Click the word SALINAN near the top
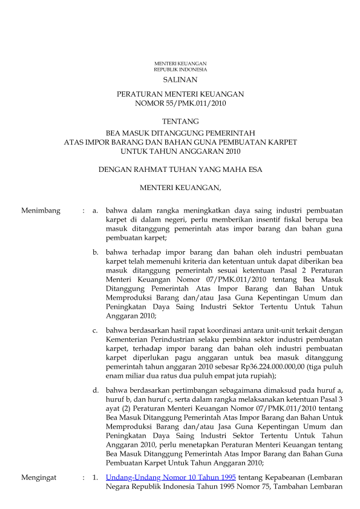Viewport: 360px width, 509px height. pyautogui.click(x=180, y=79)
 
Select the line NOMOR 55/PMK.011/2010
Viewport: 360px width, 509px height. pyautogui.click(x=180, y=104)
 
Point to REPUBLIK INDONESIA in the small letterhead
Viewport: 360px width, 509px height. pyautogui.click(x=180, y=70)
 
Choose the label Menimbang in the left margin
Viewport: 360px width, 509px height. pyautogui.click(x=41, y=211)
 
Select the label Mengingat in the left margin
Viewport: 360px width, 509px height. pyautogui.click(x=39, y=478)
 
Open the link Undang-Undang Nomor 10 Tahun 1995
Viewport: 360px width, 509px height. pyautogui.click(x=171, y=478)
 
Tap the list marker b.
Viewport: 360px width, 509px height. pyautogui.click(x=95, y=252)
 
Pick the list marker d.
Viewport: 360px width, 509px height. pyautogui.click(x=95, y=390)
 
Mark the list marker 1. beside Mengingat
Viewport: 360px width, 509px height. pyautogui.click(x=95, y=478)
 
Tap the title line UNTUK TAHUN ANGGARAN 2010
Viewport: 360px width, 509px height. pyautogui.click(x=180, y=151)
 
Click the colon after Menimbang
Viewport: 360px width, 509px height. pyautogui.click(x=83, y=211)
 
